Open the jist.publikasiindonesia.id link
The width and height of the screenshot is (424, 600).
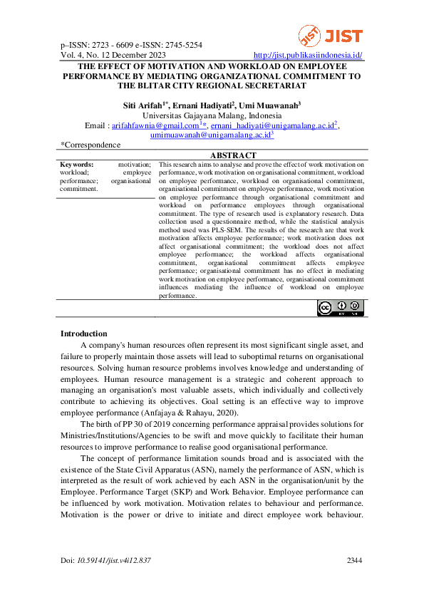tap(308, 55)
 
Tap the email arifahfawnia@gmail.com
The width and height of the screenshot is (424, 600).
tap(148, 125)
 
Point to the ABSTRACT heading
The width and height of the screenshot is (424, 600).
tap(233, 155)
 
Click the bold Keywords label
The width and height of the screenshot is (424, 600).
tap(78, 164)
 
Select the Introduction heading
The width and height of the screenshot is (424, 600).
tap(83, 333)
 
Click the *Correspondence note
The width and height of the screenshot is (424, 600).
tap(91, 145)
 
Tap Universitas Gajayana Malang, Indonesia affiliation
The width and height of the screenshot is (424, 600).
tap(212, 115)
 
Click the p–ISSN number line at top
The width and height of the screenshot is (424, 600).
tap(131, 45)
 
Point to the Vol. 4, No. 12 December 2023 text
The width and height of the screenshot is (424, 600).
tap(114, 55)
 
